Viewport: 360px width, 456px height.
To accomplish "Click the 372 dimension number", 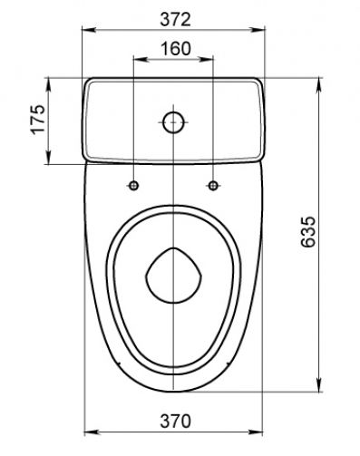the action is [x=175, y=20].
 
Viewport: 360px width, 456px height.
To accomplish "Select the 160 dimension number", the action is [x=176, y=49].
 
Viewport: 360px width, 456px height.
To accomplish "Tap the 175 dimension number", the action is [x=38, y=119].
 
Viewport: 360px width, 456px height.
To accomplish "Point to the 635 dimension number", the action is [x=308, y=231].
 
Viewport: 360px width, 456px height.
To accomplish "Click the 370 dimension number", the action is [x=175, y=421].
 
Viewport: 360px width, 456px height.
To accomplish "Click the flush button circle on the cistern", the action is [x=173, y=122].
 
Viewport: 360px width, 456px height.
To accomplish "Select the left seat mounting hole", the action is [x=133, y=186].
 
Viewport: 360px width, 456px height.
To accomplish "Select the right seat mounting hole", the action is [x=213, y=186].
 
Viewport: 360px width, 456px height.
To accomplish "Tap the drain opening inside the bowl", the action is [x=173, y=276].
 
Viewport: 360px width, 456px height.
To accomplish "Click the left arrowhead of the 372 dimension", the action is [x=89, y=30].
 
